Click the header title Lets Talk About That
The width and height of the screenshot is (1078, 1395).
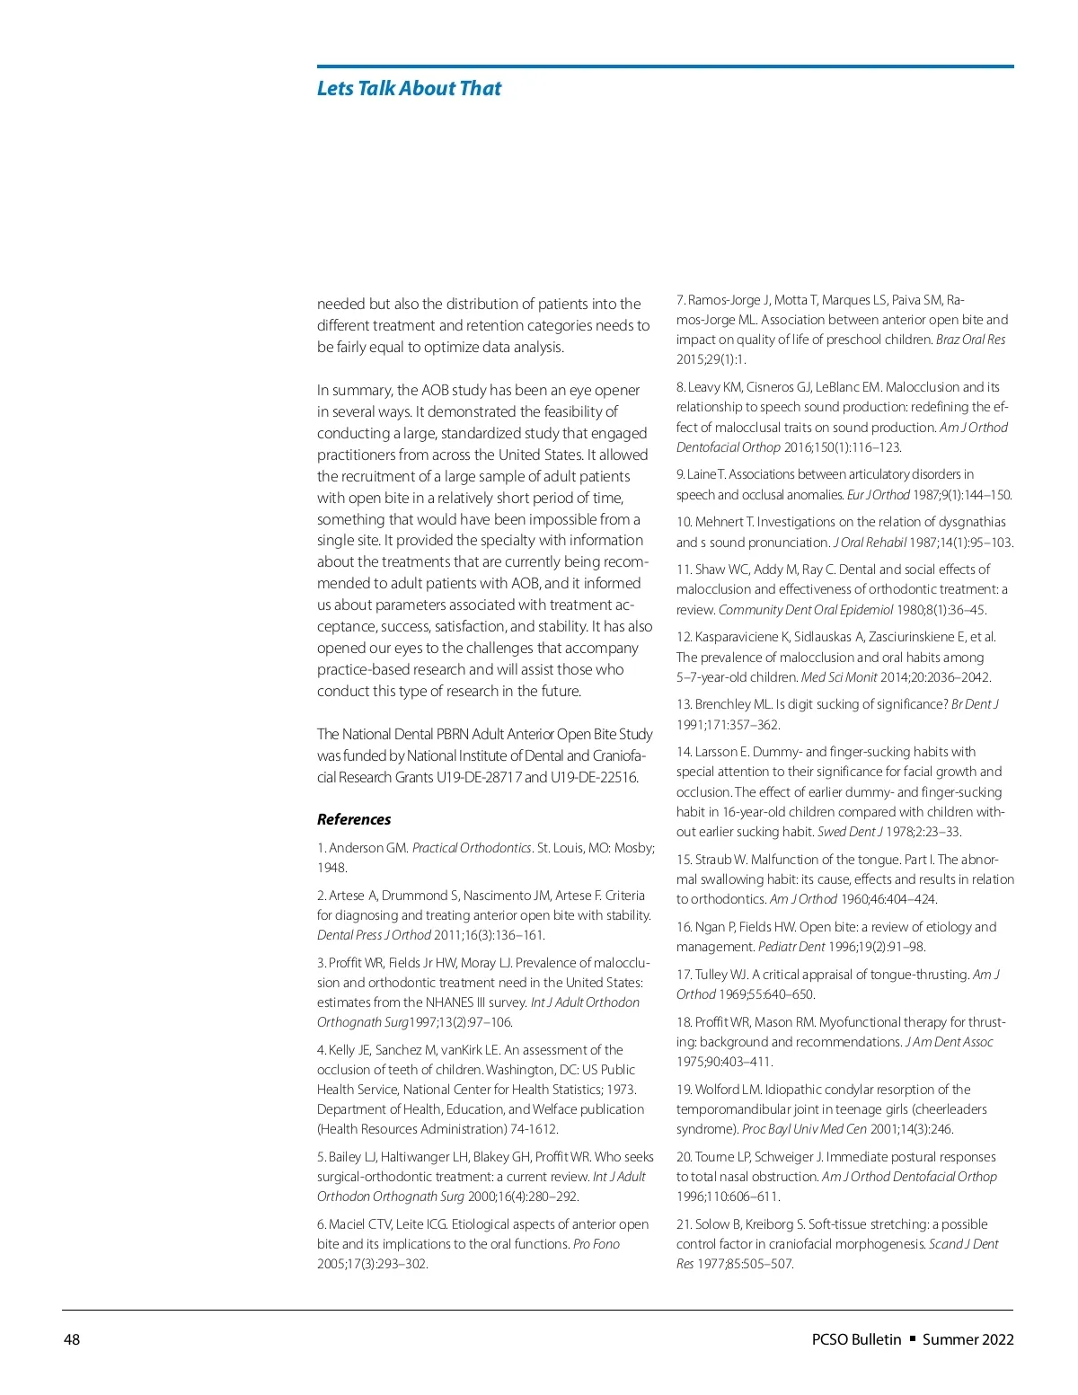[x=409, y=88]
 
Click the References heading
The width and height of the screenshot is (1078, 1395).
[x=354, y=819]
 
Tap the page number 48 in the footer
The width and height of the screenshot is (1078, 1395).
[x=71, y=1339]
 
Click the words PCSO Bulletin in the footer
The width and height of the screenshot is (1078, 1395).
[x=856, y=1339]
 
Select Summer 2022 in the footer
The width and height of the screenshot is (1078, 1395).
[x=968, y=1339]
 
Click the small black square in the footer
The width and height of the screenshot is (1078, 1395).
[x=912, y=1338]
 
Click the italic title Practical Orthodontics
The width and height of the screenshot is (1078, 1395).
[x=472, y=848]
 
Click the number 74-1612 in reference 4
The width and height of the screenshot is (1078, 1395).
[x=535, y=1129]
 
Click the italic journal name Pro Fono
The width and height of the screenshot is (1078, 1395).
[x=596, y=1244]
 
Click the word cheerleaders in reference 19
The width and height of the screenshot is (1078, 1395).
[x=950, y=1109]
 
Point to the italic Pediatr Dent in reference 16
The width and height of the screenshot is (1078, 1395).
[x=791, y=947]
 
